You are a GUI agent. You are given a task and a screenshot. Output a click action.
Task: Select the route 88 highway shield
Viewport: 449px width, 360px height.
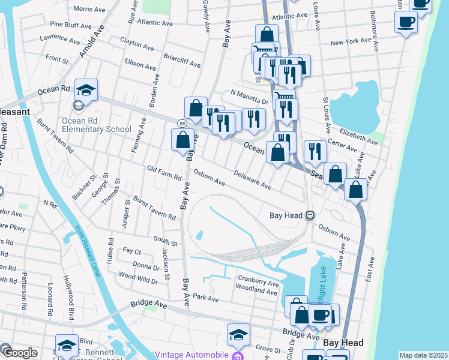(x=181, y=122)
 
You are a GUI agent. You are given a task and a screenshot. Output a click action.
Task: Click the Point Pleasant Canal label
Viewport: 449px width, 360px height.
(x=87, y=248)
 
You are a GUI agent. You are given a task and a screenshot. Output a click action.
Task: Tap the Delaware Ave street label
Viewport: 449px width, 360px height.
(x=252, y=182)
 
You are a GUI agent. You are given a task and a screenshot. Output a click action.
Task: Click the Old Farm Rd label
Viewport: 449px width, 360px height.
(x=164, y=173)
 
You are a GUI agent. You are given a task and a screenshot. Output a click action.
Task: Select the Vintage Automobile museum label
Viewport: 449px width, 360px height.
(x=191, y=354)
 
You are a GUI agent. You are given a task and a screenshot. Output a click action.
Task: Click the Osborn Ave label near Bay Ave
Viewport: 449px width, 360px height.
(x=209, y=179)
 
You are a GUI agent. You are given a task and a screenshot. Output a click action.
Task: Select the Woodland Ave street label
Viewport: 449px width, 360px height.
(x=257, y=290)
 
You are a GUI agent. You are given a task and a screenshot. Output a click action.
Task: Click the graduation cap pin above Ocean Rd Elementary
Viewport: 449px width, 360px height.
(x=86, y=90)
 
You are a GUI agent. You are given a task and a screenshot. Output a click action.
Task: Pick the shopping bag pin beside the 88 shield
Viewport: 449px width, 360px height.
(x=182, y=140)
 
